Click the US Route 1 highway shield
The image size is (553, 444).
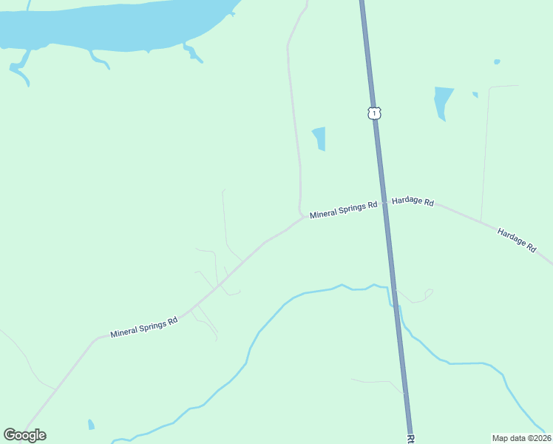pos(375,113)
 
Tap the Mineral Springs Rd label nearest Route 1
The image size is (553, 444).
pos(343,210)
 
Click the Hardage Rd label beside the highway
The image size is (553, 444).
pos(413,201)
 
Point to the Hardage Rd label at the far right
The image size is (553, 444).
pos(517,240)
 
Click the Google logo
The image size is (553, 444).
pos(24,435)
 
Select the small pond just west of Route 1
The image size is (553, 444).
pos(319,138)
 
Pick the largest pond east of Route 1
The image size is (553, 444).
pos(442,101)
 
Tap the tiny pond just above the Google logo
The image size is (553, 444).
pos(91,425)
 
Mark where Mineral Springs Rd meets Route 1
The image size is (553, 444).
pos(384,202)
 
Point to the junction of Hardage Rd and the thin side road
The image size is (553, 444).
pos(481,221)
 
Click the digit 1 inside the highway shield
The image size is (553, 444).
pos(375,113)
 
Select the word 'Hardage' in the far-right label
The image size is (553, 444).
pos(511,237)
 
